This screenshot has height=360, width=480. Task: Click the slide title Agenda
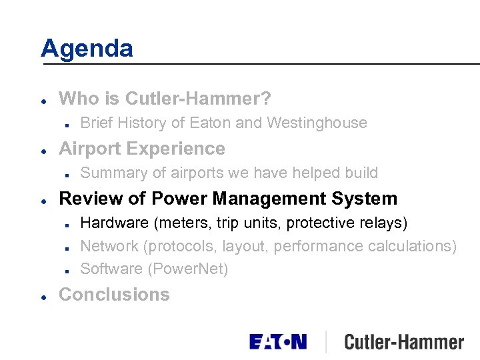(87, 48)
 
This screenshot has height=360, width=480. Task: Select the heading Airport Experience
(142, 148)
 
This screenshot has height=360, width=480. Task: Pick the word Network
(109, 246)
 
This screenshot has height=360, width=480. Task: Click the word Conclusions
(114, 294)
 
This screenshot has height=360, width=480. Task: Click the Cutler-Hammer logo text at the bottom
(403, 343)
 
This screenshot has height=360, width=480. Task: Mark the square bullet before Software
(69, 270)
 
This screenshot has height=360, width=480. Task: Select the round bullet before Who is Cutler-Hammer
(43, 100)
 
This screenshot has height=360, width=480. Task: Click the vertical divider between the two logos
(326, 341)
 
